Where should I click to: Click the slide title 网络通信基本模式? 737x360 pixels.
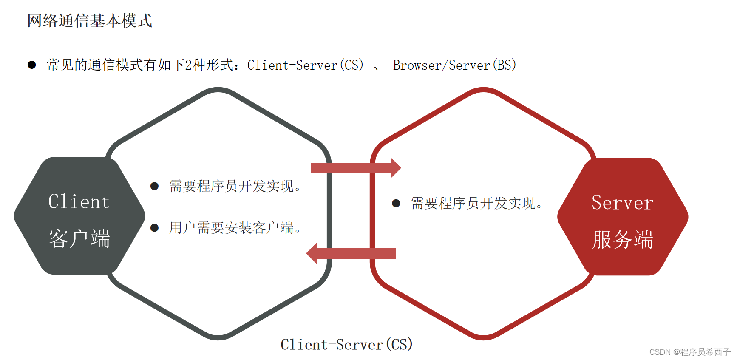pos(90,21)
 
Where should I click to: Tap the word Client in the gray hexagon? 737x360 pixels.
pos(79,201)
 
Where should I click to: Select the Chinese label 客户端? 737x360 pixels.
pos(79,238)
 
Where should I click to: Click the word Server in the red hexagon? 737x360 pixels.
pos(622,203)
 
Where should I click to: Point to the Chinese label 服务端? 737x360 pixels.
pos(622,239)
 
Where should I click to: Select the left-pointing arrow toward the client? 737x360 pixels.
pos(351,253)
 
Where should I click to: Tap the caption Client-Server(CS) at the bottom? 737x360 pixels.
pos(346,345)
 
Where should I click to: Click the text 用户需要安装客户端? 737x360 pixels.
pos(234,228)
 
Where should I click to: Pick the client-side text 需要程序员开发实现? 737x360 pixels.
pos(234,186)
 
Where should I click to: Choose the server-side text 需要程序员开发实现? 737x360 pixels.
pos(476,204)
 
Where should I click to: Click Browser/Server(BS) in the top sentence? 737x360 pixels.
pos(454,65)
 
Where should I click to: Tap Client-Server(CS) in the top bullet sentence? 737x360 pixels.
pos(305,65)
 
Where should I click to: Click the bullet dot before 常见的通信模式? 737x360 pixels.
pos(32,65)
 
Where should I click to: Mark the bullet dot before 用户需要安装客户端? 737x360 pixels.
pos(155,228)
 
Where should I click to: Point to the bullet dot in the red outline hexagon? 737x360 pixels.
pos(396,204)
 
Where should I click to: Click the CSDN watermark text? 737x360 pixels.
pos(689,352)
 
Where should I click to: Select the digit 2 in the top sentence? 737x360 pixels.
pos(188,65)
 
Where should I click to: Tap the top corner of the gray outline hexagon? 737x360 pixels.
pos(218,90)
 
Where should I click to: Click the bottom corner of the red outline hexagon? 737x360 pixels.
pos(484,337)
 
